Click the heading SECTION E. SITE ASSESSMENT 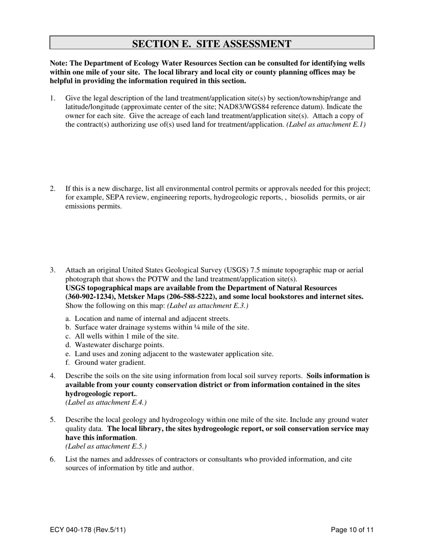(x=212, y=43)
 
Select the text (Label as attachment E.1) (x=326, y=125)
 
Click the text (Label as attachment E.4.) (x=106, y=402)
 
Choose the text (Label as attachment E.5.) (x=106, y=446)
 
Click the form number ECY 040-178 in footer (x=87, y=530)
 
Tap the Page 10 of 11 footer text (x=352, y=530)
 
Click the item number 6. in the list (x=53, y=459)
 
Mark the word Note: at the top (x=58, y=63)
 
